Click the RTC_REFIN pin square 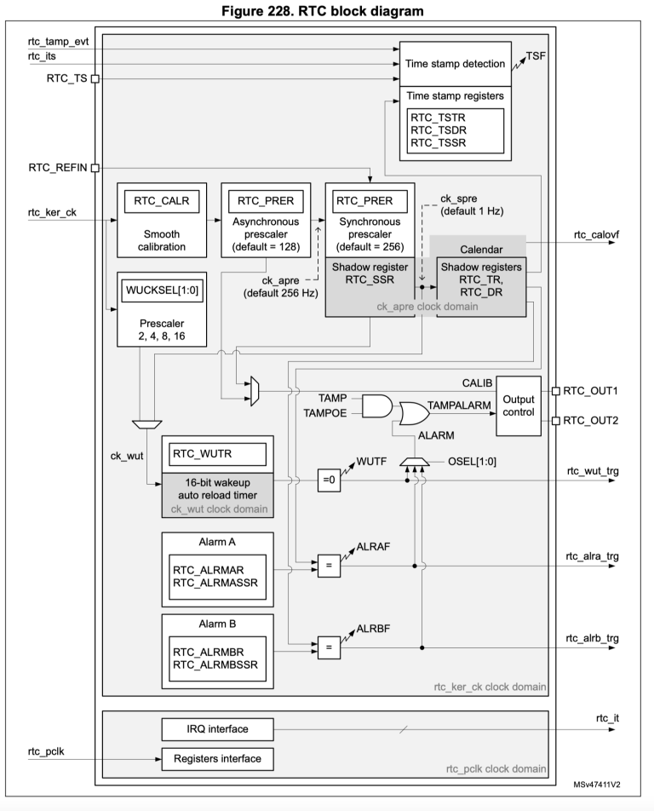coord(95,168)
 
